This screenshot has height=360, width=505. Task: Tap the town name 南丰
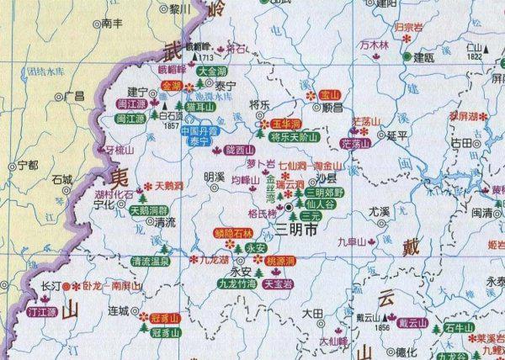click(112, 25)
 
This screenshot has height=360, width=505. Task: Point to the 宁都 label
click(28, 165)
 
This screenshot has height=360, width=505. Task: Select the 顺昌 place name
click(309, 109)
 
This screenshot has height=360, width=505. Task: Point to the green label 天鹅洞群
click(149, 210)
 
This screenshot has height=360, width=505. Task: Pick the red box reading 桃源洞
click(282, 262)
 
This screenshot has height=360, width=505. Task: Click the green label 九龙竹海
click(237, 284)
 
